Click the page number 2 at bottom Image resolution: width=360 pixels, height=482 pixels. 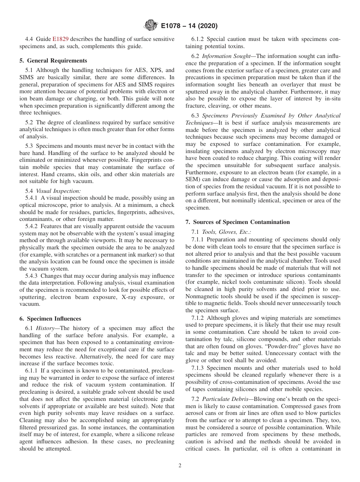(x=180, y=466)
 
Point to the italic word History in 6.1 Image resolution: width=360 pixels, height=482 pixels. (x=45, y=328)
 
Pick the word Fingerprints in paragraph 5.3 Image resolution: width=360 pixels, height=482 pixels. (x=154, y=160)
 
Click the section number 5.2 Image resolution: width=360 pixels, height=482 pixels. (x=29, y=122)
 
